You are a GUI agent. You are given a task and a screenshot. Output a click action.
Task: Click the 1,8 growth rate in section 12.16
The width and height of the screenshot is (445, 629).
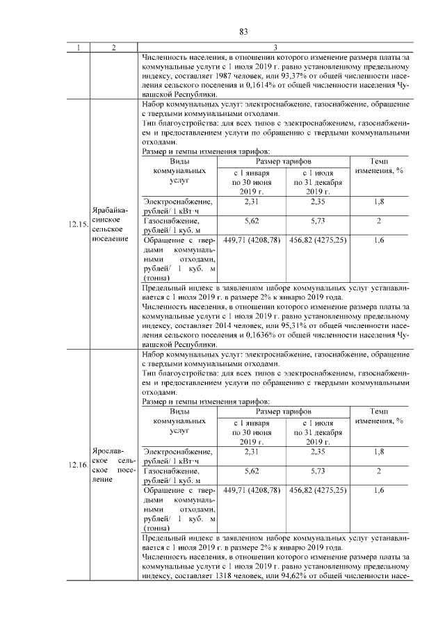point(379,451)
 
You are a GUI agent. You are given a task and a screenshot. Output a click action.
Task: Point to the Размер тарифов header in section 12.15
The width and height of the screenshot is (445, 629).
point(284,161)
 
